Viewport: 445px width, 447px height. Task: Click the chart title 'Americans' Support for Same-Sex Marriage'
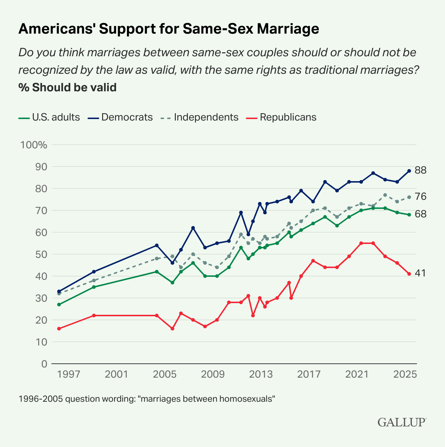pyautogui.click(x=169, y=29)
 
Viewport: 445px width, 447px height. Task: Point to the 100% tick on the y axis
pyautogui.click(x=34, y=145)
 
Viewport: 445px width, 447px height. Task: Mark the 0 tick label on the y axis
pyautogui.click(x=44, y=364)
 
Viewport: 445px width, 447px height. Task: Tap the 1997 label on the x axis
pyautogui.click(x=69, y=374)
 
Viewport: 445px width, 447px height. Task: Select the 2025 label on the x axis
pyautogui.click(x=405, y=374)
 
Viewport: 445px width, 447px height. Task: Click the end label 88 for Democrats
pyautogui.click(x=421, y=170)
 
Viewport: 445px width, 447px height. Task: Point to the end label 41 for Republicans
pyautogui.click(x=421, y=274)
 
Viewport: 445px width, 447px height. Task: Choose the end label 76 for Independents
pyautogui.click(x=421, y=197)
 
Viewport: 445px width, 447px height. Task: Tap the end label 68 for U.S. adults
pyautogui.click(x=421, y=214)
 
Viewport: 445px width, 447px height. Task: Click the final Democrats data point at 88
pyautogui.click(x=409, y=171)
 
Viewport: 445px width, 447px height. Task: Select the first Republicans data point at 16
pyautogui.click(x=59, y=329)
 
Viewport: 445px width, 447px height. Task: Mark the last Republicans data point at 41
pyautogui.click(x=409, y=274)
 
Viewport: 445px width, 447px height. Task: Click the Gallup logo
pyautogui.click(x=402, y=422)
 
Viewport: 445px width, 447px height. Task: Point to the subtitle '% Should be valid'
pyautogui.click(x=67, y=88)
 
